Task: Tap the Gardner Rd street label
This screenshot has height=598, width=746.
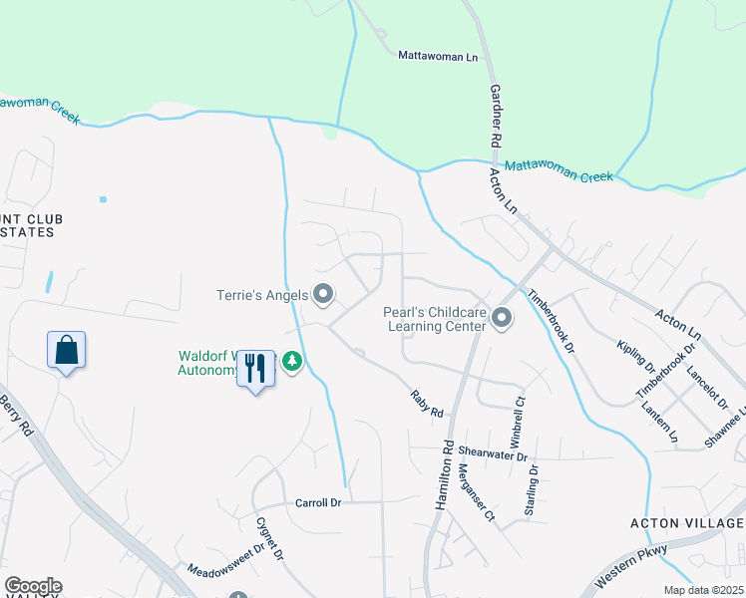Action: (496, 119)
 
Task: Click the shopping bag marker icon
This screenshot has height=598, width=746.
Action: (66, 351)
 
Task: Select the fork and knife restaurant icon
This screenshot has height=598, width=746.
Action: (256, 369)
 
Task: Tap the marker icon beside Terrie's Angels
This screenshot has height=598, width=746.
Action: (323, 294)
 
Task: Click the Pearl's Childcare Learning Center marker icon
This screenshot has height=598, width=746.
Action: (501, 318)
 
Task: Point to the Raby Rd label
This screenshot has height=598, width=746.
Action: (426, 404)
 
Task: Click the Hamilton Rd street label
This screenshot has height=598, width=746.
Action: (445, 475)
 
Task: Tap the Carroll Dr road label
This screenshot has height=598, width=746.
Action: (318, 503)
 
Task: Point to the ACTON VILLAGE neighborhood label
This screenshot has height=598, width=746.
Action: (687, 523)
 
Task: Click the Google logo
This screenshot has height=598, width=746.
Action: (33, 586)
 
